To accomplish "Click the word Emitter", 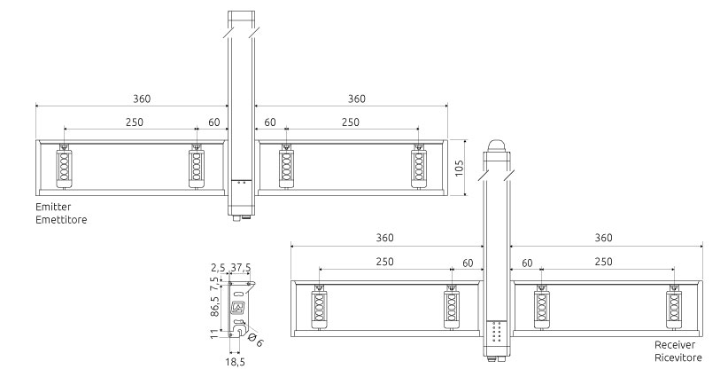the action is [x=53, y=207].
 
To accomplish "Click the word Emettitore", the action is [x=61, y=219].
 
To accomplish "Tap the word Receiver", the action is [x=675, y=345].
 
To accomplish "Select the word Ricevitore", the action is [x=678, y=357].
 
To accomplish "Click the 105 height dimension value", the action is [x=459, y=169].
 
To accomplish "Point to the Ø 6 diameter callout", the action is [x=256, y=340].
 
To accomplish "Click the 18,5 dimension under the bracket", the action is [x=236, y=362].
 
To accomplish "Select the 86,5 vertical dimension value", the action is [x=214, y=306].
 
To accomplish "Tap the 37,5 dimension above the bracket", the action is [x=241, y=268].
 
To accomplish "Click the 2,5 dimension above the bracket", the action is [x=218, y=268].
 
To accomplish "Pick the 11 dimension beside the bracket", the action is [x=214, y=334].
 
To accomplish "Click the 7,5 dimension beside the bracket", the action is [x=214, y=283].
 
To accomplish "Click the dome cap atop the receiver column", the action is [x=496, y=145].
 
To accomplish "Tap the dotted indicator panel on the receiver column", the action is [x=496, y=332].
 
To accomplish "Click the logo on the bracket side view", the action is [x=238, y=307].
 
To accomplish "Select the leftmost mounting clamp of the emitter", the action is [x=64, y=167].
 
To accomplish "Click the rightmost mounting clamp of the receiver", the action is [x=674, y=307].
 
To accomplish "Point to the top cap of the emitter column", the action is [x=241, y=17].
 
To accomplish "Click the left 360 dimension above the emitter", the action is [x=142, y=98].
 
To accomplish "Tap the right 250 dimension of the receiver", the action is [x=603, y=262].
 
